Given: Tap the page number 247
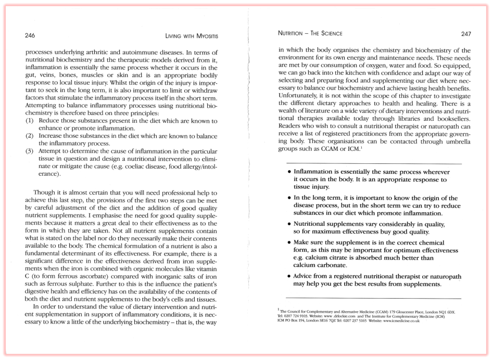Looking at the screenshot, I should coord(465,34).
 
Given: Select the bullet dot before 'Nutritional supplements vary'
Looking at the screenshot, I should coord(289,224).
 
